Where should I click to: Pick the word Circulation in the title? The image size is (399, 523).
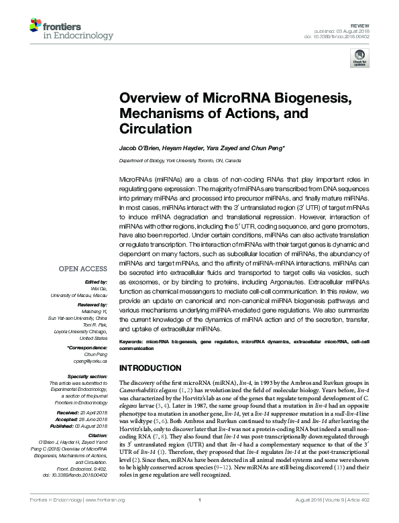pos(156,127)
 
